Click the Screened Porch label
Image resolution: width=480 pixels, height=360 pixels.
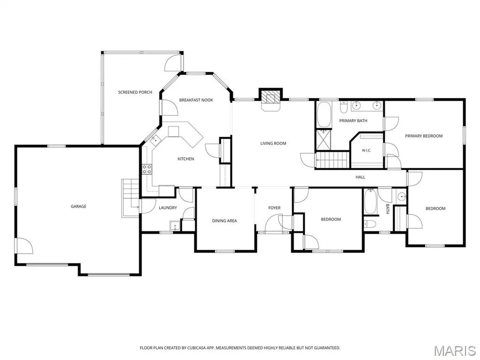click(135, 92)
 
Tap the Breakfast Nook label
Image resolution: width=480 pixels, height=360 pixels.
click(196, 100)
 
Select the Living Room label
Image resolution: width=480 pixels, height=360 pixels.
click(273, 143)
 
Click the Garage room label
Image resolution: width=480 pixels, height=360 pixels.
click(78, 206)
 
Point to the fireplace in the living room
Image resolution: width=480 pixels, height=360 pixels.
click(270, 99)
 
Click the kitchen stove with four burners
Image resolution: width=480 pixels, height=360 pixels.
click(147, 169)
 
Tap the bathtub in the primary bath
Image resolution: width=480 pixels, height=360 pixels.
click(324, 114)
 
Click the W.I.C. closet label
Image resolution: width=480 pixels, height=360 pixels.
click(367, 150)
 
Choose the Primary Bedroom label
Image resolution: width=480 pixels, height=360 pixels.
click(424, 136)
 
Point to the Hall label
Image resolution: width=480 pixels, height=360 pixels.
click(360, 177)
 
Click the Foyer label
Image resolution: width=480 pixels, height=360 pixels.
click(274, 208)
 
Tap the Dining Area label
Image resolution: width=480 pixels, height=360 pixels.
click(225, 221)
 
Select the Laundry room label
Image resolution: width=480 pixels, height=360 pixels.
click(168, 208)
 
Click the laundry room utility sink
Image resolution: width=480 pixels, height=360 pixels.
click(175, 225)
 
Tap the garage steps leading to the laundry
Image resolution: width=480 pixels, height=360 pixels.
click(131, 198)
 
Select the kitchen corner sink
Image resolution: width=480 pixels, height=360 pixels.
click(156, 140)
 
